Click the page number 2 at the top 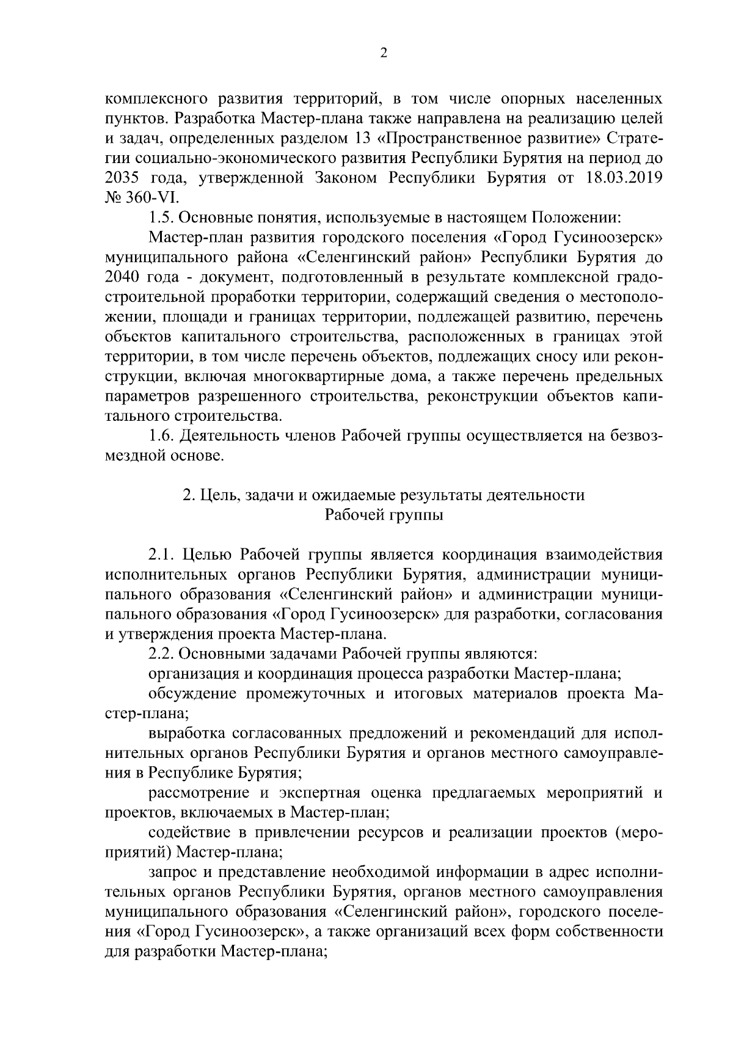pyautogui.click(x=383, y=53)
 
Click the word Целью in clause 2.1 pyautogui.click(x=208, y=555)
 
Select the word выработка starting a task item pyautogui.click(x=186, y=733)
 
